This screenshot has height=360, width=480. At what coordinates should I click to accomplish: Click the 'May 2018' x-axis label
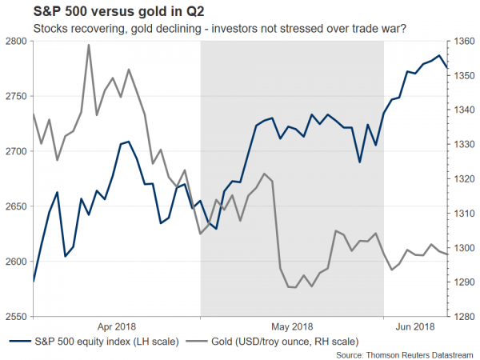(x=292, y=326)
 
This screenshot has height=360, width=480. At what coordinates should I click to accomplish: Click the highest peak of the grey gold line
(x=88, y=45)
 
